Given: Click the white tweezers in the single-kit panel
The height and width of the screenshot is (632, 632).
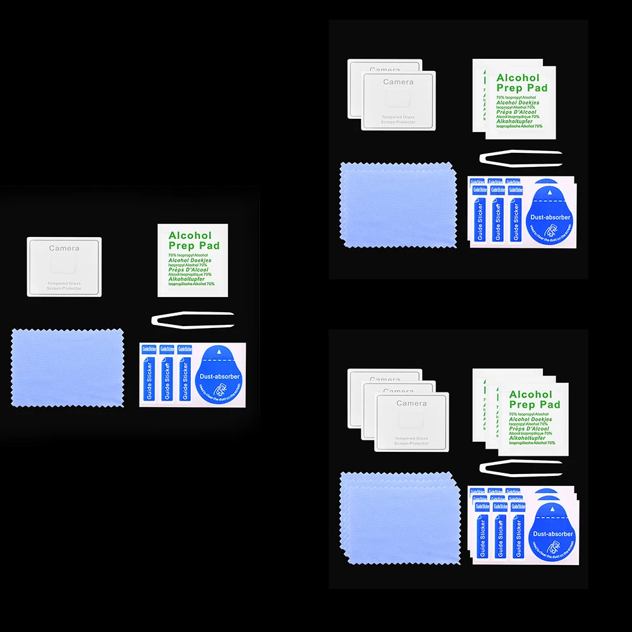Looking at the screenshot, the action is coord(193,319).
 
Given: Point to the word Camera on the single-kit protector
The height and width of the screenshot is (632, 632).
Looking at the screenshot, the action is coord(64,248).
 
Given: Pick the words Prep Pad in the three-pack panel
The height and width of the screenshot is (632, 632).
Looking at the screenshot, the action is coord(534,404).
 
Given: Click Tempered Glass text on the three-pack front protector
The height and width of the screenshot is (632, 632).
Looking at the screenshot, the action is coord(411,438).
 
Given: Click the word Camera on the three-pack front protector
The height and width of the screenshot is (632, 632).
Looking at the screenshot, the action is coord(411,403).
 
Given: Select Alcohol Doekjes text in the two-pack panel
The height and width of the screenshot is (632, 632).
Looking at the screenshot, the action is coord(517,102).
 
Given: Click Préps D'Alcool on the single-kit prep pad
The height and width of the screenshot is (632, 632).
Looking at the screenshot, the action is coord(190,269).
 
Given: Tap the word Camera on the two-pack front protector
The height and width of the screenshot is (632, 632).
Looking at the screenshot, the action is coord(398,82).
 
